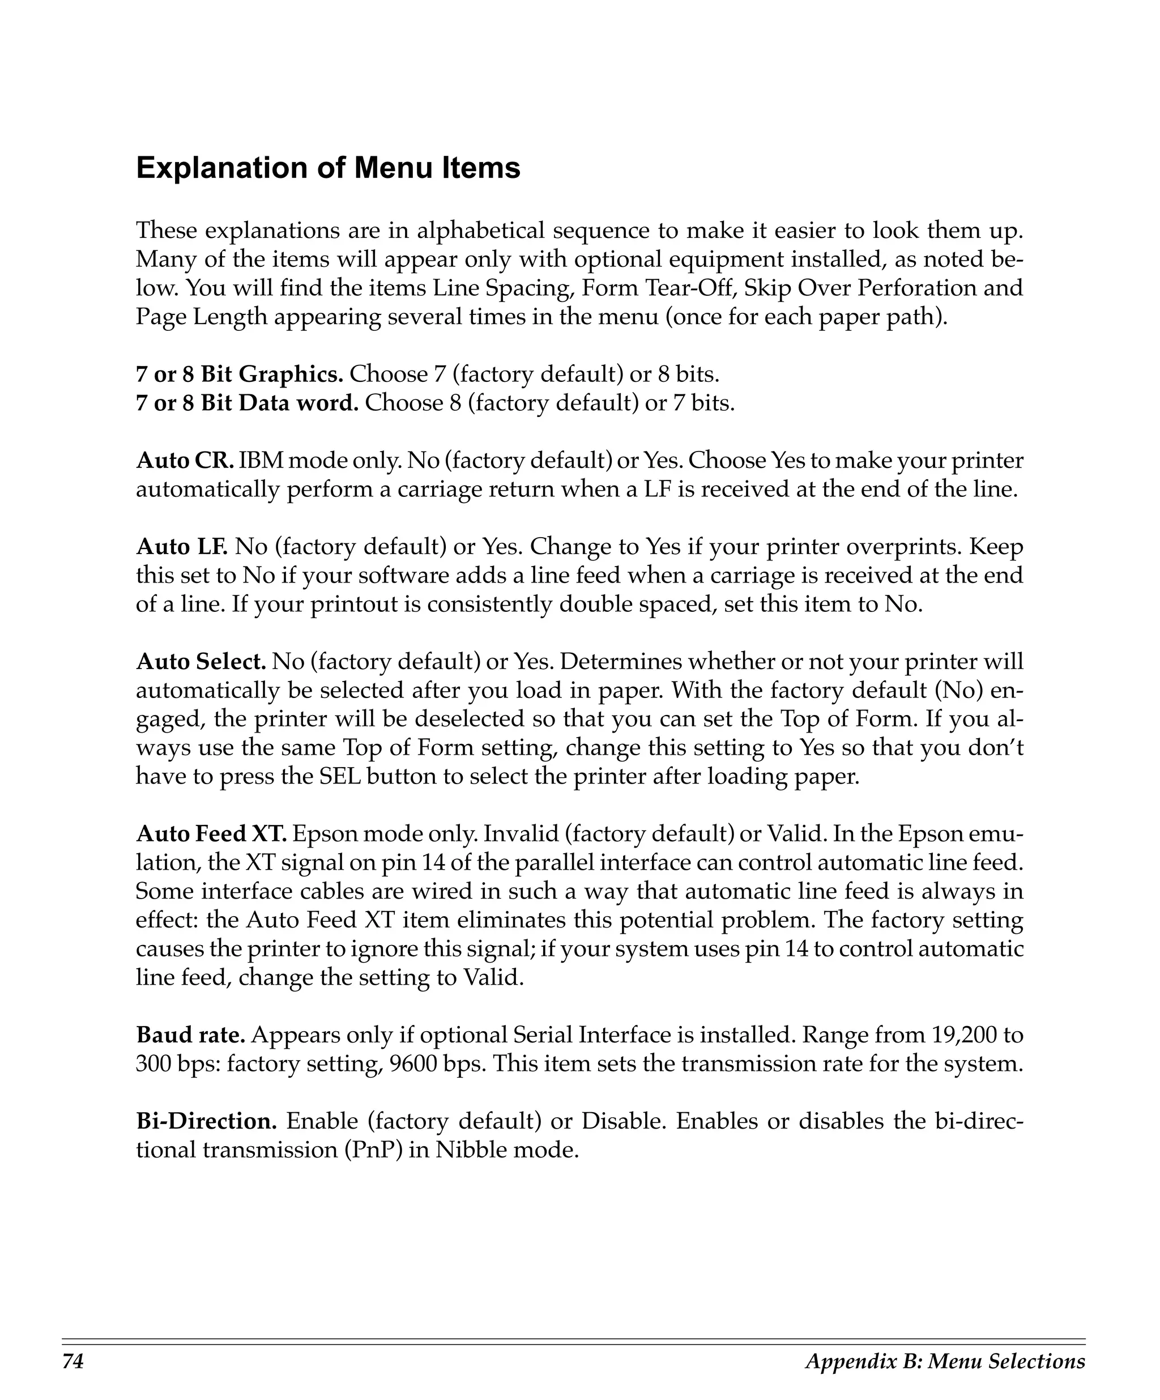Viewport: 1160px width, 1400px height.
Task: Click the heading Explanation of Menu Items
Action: pos(328,168)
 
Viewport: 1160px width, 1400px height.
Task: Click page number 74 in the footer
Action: pos(73,1361)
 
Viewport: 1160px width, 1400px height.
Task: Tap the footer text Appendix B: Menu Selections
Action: pos(945,1361)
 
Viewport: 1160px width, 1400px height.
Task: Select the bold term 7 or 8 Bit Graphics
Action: pos(240,375)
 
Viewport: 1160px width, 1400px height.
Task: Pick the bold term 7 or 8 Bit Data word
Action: pos(247,403)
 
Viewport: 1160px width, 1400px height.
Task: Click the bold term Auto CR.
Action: pos(185,461)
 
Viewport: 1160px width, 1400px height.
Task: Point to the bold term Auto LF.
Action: pos(182,547)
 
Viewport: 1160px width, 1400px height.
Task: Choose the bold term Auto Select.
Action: pos(201,662)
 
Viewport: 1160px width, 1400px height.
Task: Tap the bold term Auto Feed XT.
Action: pos(211,834)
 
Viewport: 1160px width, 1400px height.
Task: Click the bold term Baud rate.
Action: pos(190,1035)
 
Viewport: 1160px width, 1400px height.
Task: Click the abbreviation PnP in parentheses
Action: pos(373,1150)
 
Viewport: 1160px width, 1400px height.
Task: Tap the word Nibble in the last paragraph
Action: pos(469,1150)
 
